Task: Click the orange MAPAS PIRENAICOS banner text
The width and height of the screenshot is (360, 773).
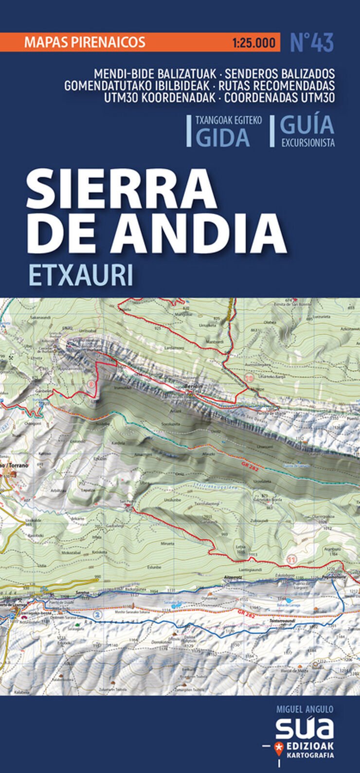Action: pos(85,42)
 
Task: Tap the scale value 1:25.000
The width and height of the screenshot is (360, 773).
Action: pos(253,43)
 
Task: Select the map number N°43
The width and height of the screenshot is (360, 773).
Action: pos(312,42)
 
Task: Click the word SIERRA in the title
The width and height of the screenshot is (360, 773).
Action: pos(122,189)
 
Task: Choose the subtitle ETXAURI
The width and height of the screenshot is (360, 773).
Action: pos(81,275)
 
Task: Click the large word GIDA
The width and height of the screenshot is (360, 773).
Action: pos(223,138)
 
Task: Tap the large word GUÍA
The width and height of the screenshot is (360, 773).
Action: pos(307,126)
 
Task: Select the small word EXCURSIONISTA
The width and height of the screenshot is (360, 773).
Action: pos(307,143)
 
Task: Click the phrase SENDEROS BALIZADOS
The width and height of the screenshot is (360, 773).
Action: pos(280,74)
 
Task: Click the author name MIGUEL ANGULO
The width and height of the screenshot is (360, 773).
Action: pos(305,710)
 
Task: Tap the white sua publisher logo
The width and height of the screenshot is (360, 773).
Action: pos(305,728)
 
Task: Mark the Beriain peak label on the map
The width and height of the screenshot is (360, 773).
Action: pos(191,386)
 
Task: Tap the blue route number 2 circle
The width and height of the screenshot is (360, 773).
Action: pos(98,615)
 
